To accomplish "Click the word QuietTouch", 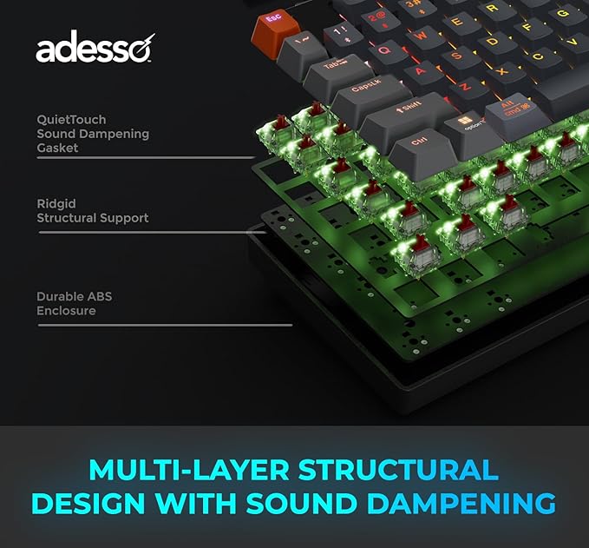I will click(x=71, y=119).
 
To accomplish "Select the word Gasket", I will click(x=57, y=148).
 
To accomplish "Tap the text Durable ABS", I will click(x=74, y=296).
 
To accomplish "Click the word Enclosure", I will click(x=66, y=311).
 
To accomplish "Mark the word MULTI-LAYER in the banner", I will click(x=189, y=470).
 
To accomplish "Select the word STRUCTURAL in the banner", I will click(x=398, y=470).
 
